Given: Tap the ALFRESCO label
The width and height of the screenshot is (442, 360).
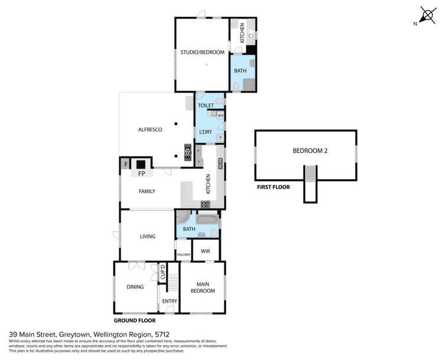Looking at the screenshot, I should (150, 129).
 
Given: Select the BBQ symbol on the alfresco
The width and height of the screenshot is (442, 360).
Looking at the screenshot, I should (188, 153).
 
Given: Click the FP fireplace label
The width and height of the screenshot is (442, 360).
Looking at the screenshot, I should (142, 175).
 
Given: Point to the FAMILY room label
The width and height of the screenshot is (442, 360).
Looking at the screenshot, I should (147, 191).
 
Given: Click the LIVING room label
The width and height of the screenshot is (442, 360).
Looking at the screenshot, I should (148, 237).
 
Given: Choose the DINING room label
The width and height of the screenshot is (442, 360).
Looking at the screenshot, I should (135, 287).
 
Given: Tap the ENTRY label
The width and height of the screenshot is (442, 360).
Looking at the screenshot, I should (169, 302).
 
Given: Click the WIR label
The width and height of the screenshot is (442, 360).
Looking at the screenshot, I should (205, 251).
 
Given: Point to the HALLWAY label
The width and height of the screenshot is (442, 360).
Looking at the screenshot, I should (184, 255).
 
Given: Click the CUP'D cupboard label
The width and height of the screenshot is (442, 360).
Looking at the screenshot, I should (162, 273).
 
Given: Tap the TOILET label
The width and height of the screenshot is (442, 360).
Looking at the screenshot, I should (205, 105).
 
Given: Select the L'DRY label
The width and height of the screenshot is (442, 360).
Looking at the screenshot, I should (205, 132).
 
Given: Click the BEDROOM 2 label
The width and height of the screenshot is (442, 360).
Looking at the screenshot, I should (310, 150).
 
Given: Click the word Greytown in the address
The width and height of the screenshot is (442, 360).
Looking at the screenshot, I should (74, 333).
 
